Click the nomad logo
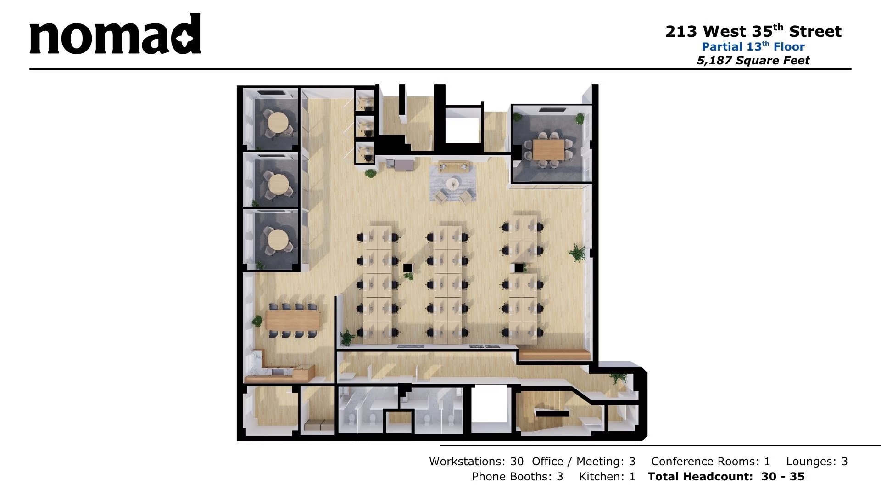pyautogui.click(x=115, y=34)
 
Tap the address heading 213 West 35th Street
pyautogui.click(x=753, y=31)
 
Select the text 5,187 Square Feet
pyautogui.click(x=753, y=60)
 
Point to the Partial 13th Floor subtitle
pyautogui.click(x=753, y=46)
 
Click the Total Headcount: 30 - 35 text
pyautogui.click(x=726, y=476)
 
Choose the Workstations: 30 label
pyautogui.click(x=476, y=461)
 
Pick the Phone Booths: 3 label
pyautogui.click(x=518, y=476)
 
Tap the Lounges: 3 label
pyautogui.click(x=817, y=461)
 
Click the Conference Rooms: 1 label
pyautogui.click(x=711, y=461)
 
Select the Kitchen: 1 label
pyautogui.click(x=608, y=476)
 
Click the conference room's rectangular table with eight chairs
pyautogui.click(x=549, y=148)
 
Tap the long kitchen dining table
pyautogui.click(x=293, y=320)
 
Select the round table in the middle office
pyautogui.click(x=279, y=184)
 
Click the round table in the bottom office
pyautogui.click(x=278, y=239)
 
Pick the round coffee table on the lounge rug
pyautogui.click(x=453, y=183)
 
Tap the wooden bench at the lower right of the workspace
pyautogui.click(x=554, y=354)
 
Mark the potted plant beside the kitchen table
pyautogui.click(x=257, y=321)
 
